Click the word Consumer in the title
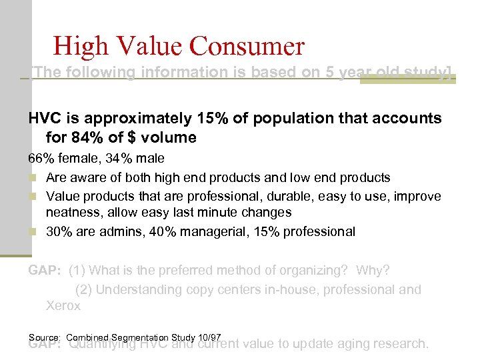247,46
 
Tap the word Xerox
63,306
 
